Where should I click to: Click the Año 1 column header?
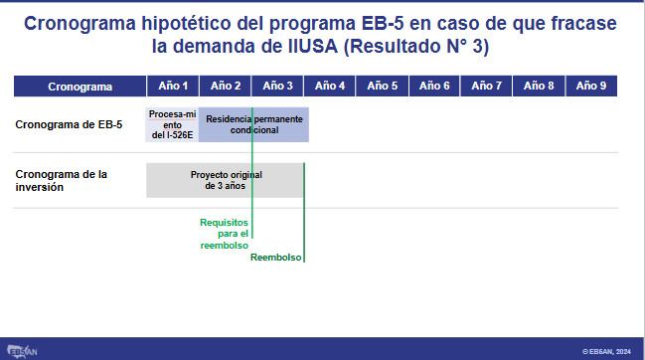[173, 86]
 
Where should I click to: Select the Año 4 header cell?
[330, 86]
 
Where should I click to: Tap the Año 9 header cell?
[591, 86]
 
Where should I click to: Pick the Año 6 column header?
[434, 86]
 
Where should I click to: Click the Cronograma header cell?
[81, 86]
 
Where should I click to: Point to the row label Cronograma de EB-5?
[69, 124]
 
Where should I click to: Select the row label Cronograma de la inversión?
[62, 181]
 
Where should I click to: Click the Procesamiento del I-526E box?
[172, 124]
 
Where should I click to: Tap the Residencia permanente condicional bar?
[253, 124]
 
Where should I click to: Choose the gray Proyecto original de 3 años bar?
[225, 180]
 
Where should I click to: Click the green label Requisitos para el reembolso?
[225, 234]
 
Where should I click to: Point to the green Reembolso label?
[275, 258]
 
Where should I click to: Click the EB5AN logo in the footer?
[22, 351]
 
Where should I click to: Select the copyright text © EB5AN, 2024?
[606, 352]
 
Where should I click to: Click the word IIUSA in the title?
[313, 46]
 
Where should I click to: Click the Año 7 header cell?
[486, 86]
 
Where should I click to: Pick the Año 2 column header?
[225, 86]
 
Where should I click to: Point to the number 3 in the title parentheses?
[477, 46]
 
